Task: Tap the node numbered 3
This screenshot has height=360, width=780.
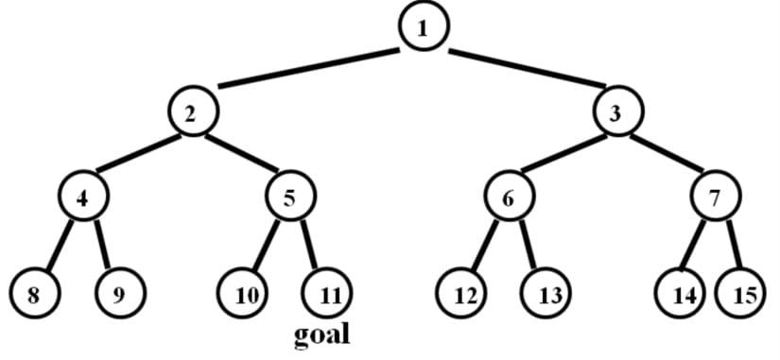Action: (x=615, y=114)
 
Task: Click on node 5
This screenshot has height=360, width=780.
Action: (x=290, y=197)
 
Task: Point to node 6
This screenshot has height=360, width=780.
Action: (x=509, y=197)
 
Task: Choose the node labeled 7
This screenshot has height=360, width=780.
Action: (x=716, y=197)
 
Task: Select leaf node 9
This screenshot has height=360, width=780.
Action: (x=118, y=293)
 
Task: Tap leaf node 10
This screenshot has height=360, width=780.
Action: (x=246, y=293)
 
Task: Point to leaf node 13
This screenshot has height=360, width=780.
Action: (x=549, y=293)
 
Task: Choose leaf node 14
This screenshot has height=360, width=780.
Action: (x=682, y=293)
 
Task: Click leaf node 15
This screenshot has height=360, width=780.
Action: (x=745, y=293)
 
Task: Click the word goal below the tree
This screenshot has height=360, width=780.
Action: (x=321, y=334)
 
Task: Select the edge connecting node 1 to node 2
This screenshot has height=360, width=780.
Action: (x=309, y=67)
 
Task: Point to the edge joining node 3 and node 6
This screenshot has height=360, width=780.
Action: (x=563, y=155)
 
